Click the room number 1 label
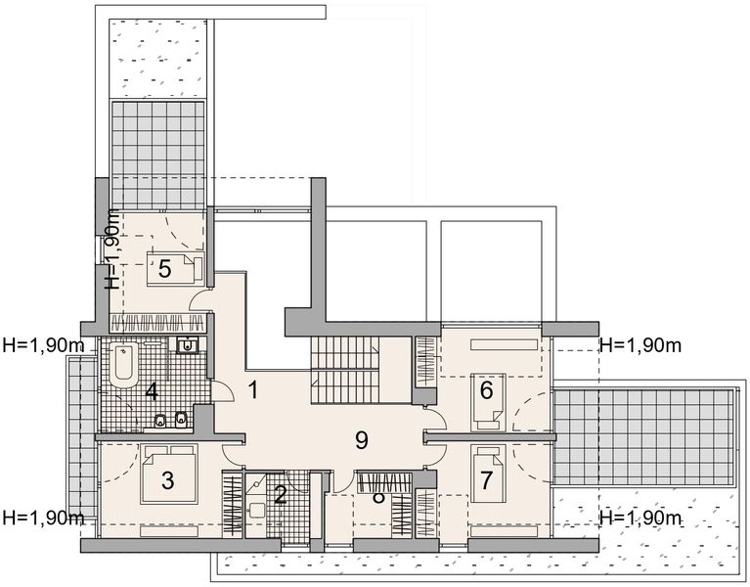(252, 390)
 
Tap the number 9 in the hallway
(361, 440)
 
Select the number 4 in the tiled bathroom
(152, 392)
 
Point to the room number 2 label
(281, 495)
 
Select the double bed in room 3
(168, 474)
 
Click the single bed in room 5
(175, 268)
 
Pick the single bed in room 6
(487, 400)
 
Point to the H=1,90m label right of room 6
(640, 344)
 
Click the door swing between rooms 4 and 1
(223, 391)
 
